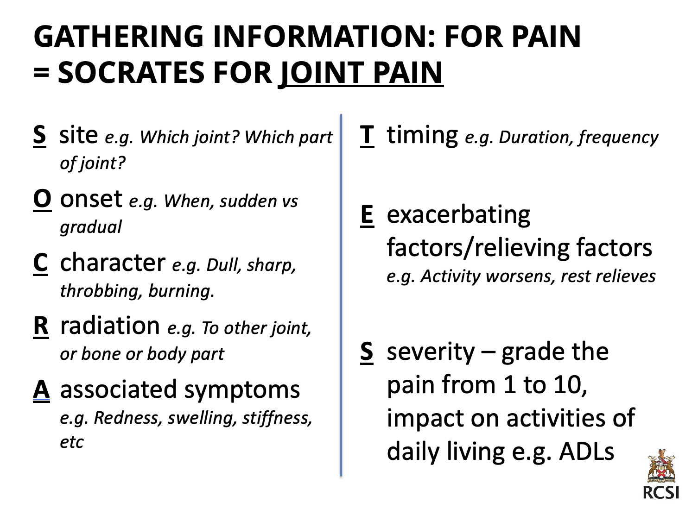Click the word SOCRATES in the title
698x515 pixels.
pyautogui.click(x=164, y=73)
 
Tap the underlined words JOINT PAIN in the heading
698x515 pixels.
pyautogui.click(x=361, y=73)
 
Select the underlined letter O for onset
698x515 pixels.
pyautogui.click(x=42, y=199)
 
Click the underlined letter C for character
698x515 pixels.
pyautogui.click(x=41, y=263)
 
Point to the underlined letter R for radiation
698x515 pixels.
pyautogui.click(x=41, y=326)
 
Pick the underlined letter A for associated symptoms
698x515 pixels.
pyautogui.click(x=41, y=389)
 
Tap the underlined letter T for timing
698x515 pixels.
pyautogui.click(x=367, y=135)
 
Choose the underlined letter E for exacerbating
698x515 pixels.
pyautogui.click(x=367, y=215)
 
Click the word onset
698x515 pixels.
pyautogui.click(x=91, y=199)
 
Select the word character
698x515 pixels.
pyautogui.click(x=113, y=263)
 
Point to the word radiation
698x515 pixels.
pyautogui.click(x=110, y=326)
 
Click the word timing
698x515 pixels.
pyautogui.click(x=422, y=135)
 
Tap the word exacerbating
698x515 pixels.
pyautogui.click(x=458, y=215)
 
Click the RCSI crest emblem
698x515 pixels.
pyautogui.click(x=661, y=466)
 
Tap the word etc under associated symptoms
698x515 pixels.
pyautogui.click(x=72, y=442)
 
